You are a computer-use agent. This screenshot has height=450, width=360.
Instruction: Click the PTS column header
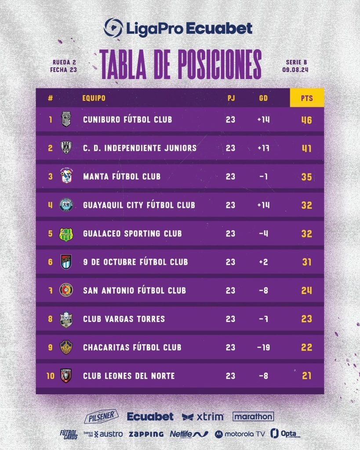(307, 98)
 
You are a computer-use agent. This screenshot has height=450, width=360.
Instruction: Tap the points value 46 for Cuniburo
(307, 120)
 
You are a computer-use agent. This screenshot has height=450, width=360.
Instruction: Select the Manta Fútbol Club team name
(122, 177)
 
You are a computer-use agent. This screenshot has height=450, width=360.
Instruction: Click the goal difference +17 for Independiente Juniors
(264, 148)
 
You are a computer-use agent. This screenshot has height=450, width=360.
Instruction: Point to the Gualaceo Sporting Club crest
(66, 234)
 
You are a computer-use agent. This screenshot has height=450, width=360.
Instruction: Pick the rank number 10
(51, 376)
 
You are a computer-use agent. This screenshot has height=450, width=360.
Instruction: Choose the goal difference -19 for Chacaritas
(264, 347)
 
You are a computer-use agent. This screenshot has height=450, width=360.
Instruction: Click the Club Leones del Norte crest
(66, 376)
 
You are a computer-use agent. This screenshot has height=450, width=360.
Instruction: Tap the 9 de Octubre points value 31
(307, 262)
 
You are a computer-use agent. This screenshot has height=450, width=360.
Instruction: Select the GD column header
(264, 98)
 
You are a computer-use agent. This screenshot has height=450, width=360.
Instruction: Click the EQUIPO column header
(94, 98)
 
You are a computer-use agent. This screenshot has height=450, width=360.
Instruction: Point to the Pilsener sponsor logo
(101, 416)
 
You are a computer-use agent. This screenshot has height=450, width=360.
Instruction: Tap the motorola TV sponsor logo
(240, 434)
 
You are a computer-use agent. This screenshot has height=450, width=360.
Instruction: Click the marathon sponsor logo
(253, 416)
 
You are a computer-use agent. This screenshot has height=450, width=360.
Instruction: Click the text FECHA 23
(64, 69)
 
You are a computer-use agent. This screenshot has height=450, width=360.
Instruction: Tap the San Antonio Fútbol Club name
(135, 290)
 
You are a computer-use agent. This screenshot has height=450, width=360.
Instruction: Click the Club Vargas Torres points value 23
(307, 319)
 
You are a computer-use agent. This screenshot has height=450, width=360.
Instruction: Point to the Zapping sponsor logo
(146, 434)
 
